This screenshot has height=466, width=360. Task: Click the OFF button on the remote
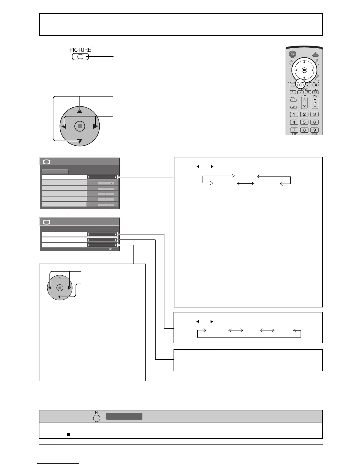tap(315, 55)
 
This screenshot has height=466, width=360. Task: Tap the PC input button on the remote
tap(315, 92)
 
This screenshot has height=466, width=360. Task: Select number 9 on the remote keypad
tap(314, 130)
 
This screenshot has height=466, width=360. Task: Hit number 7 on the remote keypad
tap(294, 130)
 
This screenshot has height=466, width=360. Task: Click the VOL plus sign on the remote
tap(315, 99)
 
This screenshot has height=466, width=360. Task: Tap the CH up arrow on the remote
tap(304, 99)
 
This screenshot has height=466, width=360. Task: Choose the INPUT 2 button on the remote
tap(301, 92)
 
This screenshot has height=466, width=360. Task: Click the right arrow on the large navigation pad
tap(95, 127)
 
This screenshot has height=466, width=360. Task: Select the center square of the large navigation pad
tap(80, 127)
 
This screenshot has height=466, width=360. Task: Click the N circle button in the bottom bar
tap(96, 417)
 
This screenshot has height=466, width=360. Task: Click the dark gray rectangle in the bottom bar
tap(124, 416)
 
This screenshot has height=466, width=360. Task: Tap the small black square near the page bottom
tap(68, 434)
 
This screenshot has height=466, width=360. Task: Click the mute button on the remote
tap(294, 107)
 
